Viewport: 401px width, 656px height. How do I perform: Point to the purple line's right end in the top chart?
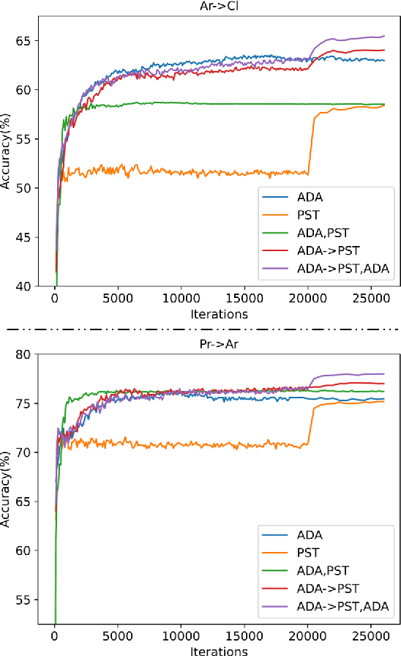coord(384,36)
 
